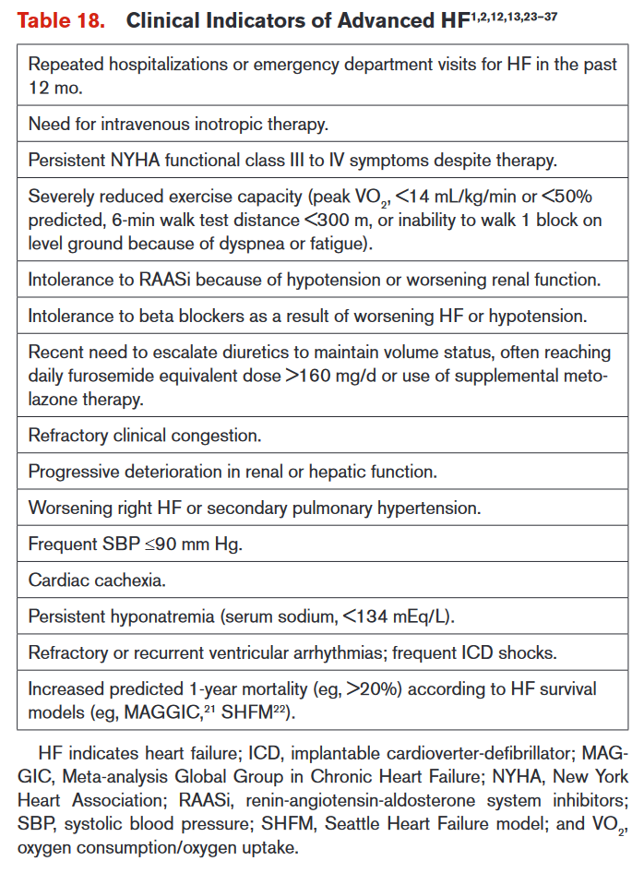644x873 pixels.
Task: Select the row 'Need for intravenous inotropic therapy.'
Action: tap(178, 123)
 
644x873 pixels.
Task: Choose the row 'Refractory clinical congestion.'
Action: tap(145, 434)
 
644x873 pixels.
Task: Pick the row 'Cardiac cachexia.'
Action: tap(97, 580)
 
